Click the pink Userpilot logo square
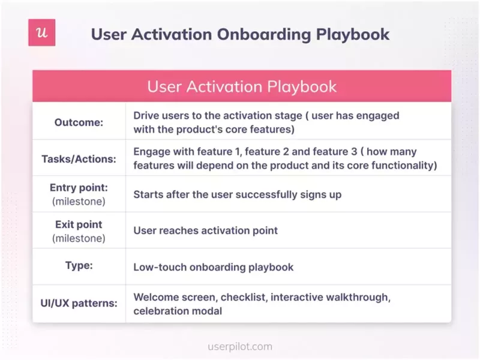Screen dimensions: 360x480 tap(41, 32)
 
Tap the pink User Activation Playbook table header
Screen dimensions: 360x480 tap(242, 86)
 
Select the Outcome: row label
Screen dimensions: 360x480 tap(79, 122)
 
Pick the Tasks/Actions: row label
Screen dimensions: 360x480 tap(79, 159)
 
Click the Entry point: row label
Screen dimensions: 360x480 tap(79, 188)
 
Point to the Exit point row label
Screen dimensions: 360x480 tap(79, 224)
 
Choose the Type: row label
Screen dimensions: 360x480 tap(79, 266)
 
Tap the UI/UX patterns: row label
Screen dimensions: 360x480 tap(79, 304)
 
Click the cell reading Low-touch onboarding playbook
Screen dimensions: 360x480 tap(213, 266)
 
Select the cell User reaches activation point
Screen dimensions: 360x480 tap(205, 230)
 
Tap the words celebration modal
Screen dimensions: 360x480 tap(178, 311)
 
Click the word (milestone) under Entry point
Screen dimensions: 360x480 tap(79, 202)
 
